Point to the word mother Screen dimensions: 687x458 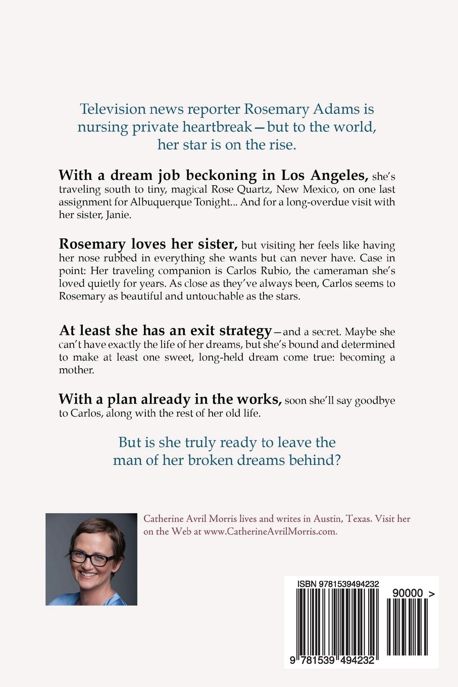(76, 370)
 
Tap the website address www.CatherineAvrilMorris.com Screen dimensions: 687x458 (270, 532)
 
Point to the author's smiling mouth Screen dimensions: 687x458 (88, 574)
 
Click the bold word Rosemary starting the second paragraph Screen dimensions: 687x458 (92, 244)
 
